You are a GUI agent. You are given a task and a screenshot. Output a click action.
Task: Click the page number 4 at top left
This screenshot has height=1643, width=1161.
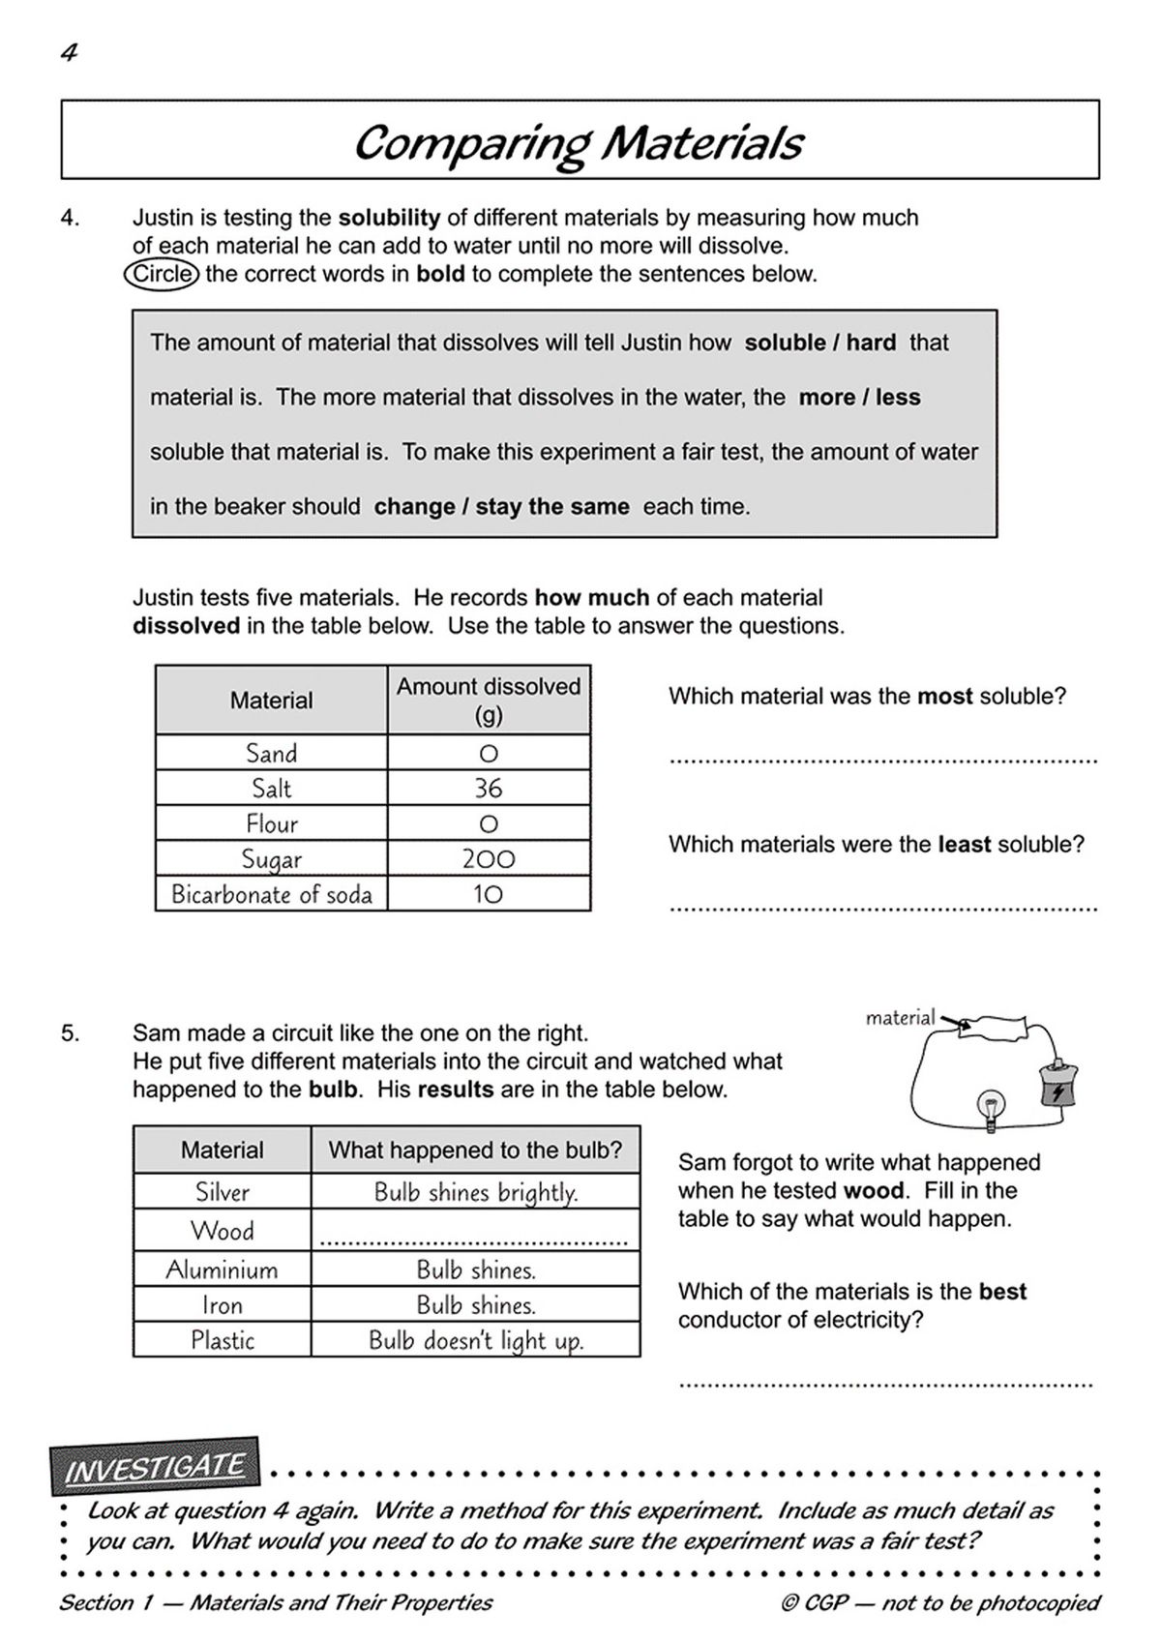(x=69, y=53)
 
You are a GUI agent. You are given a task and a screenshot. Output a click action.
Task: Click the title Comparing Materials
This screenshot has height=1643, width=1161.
(x=579, y=142)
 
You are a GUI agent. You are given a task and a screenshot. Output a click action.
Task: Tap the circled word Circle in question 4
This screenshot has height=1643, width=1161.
(x=162, y=274)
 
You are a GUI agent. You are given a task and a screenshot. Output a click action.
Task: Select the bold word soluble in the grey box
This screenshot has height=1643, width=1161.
(x=785, y=343)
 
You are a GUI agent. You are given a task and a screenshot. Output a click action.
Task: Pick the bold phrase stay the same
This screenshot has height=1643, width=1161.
(x=552, y=507)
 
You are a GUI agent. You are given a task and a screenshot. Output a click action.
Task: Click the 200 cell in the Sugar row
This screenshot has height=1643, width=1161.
(x=488, y=859)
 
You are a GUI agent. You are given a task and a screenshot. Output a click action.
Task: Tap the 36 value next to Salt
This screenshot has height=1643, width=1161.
(x=488, y=789)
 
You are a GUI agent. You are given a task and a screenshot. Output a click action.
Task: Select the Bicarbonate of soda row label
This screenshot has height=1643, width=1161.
(x=272, y=894)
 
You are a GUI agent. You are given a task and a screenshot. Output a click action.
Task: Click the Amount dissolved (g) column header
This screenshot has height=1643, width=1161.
(x=488, y=700)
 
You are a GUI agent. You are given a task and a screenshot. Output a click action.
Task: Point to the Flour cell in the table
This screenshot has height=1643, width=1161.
(x=272, y=824)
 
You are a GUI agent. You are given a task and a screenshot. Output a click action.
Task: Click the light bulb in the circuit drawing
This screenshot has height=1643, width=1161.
(x=991, y=1103)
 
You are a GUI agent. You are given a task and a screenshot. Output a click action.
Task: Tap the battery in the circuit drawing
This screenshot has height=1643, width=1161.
(x=1057, y=1087)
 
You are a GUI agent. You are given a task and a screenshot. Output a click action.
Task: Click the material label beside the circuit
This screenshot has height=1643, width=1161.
(x=900, y=1018)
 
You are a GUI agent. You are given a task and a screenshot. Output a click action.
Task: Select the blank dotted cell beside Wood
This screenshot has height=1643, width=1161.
(x=474, y=1232)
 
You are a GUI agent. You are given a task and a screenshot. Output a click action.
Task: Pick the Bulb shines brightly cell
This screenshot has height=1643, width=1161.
(x=475, y=1192)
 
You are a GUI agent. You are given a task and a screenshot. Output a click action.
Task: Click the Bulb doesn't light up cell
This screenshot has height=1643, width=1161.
(x=475, y=1341)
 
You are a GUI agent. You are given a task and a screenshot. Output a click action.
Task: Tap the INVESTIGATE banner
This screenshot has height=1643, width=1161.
(x=155, y=1467)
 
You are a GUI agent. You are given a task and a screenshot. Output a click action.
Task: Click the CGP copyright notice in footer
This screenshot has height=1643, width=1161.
(x=939, y=1603)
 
